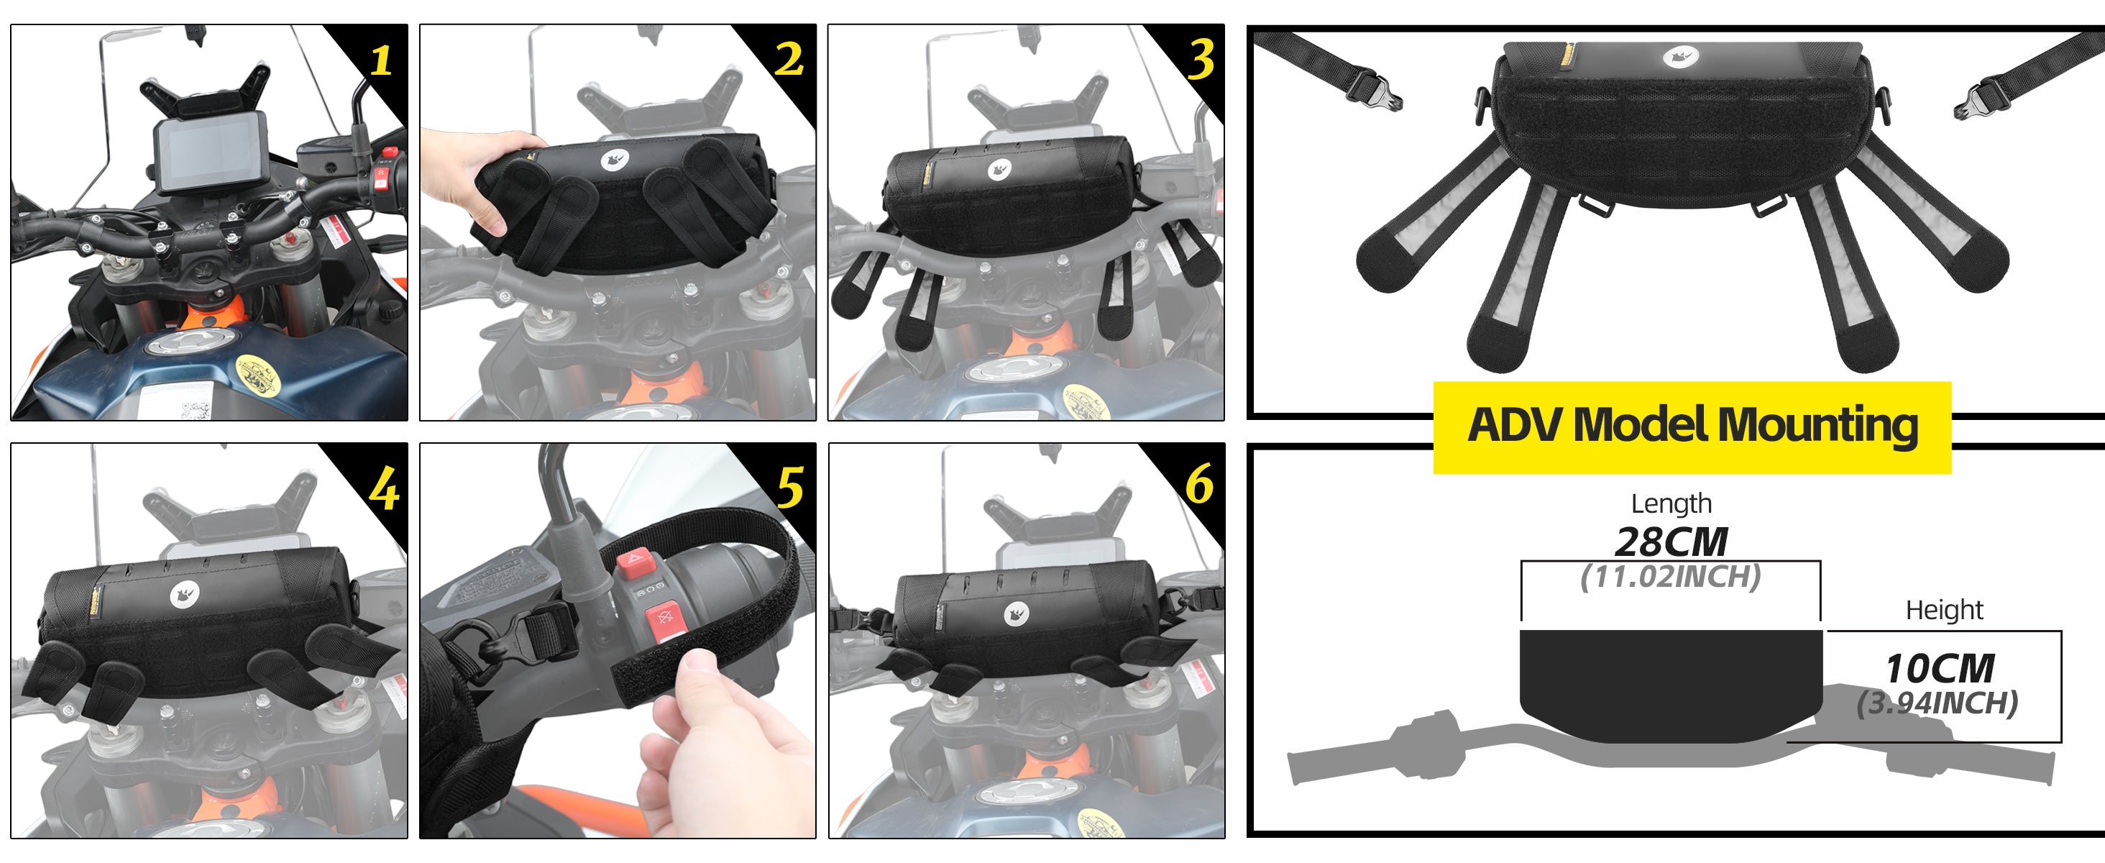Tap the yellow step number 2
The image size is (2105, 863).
(789, 60)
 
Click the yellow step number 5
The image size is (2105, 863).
(790, 487)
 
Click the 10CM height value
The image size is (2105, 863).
(1940, 669)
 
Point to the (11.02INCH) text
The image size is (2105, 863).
(1670, 577)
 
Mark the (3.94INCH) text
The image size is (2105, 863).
(1937, 703)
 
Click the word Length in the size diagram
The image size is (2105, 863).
(1671, 504)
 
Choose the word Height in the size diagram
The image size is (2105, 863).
(1944, 610)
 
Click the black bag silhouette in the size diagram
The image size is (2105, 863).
(1671, 685)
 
